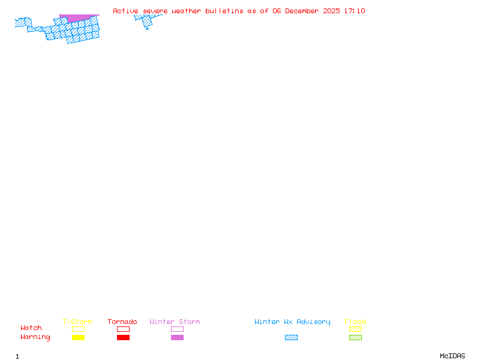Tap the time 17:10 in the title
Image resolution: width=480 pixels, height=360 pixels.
pyautogui.click(x=354, y=11)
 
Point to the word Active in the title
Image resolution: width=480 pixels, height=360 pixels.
pyautogui.click(x=125, y=11)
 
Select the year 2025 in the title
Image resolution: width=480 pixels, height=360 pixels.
pyautogui.click(x=332, y=11)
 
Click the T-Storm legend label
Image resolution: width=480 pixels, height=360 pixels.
pyautogui.click(x=77, y=322)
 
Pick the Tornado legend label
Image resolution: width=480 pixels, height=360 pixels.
pyautogui.click(x=122, y=322)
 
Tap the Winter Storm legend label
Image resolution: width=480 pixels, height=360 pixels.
pyautogui.click(x=175, y=322)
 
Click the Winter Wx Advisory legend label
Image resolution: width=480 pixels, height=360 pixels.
pyautogui.click(x=292, y=322)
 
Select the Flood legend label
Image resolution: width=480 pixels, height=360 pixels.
pyautogui.click(x=355, y=322)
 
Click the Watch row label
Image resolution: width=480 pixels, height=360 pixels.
pyautogui.click(x=31, y=328)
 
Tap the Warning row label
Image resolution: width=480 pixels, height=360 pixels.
pyautogui.click(x=35, y=337)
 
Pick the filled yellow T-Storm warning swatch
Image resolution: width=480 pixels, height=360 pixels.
pyautogui.click(x=78, y=338)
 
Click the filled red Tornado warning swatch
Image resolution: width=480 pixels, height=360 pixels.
pyautogui.click(x=123, y=338)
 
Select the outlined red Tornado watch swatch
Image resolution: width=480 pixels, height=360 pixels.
pyautogui.click(x=123, y=329)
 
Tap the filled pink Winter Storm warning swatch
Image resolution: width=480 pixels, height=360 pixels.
pyautogui.click(x=177, y=338)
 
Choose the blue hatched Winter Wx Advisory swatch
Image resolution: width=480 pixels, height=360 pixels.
pyautogui.click(x=291, y=338)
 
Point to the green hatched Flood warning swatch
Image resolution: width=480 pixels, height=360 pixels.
pyautogui.click(x=355, y=338)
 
